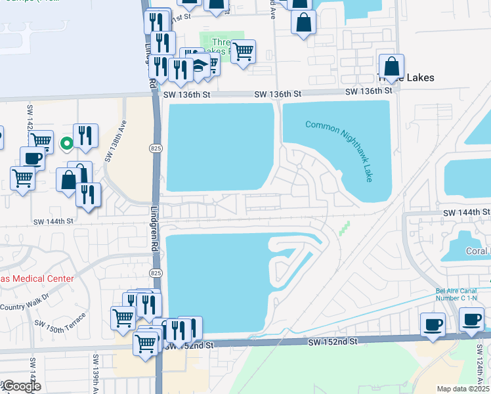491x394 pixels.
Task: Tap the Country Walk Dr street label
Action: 30,307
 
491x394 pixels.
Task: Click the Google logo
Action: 20,387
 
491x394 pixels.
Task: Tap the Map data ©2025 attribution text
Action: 463,389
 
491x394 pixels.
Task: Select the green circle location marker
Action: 66,143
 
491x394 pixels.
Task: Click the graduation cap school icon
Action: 197,65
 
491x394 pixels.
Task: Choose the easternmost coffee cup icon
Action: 472,320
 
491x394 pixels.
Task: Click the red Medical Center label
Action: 37,278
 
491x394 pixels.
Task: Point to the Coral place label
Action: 478,251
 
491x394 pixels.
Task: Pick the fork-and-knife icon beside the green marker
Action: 85,135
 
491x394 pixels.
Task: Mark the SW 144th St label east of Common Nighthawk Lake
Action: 466,213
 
